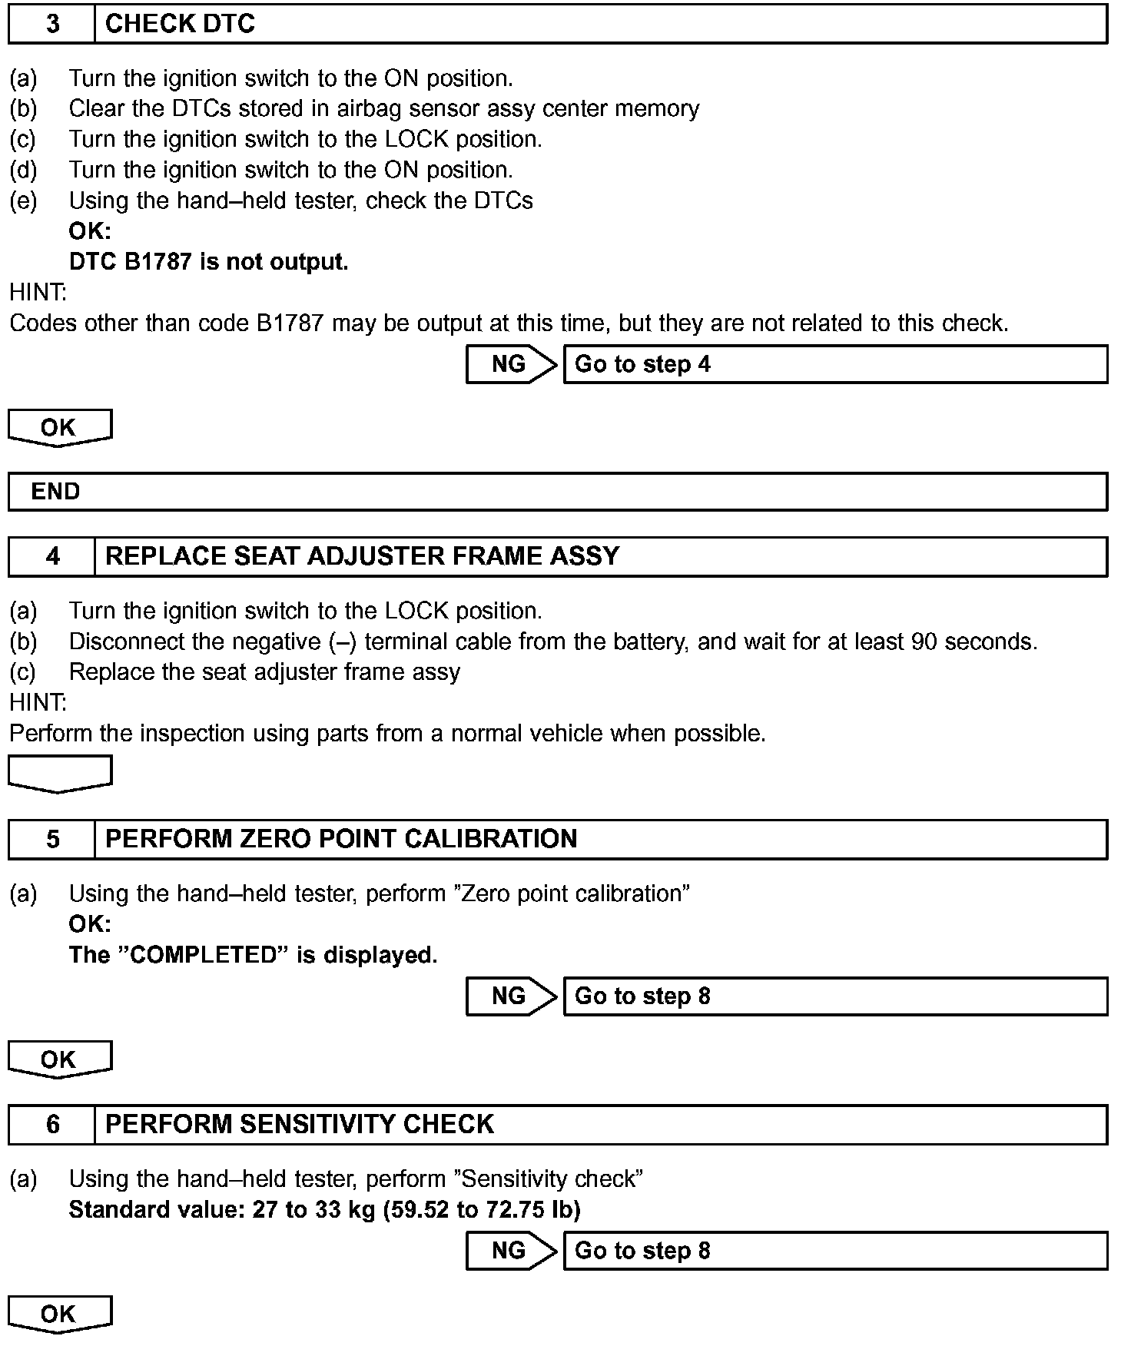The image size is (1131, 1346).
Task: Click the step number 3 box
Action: pyautogui.click(x=51, y=24)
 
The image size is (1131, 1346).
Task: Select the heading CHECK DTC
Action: pyautogui.click(x=180, y=24)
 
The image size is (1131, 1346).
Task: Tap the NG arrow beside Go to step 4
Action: pyautogui.click(x=510, y=364)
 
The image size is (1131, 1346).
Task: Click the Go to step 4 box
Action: pyautogui.click(x=835, y=364)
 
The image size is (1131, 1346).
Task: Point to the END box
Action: pyautogui.click(x=557, y=492)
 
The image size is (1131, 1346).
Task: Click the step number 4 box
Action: pyautogui.click(x=51, y=556)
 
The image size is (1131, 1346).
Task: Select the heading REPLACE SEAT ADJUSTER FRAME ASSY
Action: pyautogui.click(x=362, y=556)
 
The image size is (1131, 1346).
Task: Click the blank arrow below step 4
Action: pyautogui.click(x=60, y=773)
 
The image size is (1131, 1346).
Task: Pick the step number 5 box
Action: pyautogui.click(x=51, y=839)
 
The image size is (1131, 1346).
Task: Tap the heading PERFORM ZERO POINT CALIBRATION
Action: pyautogui.click(x=341, y=839)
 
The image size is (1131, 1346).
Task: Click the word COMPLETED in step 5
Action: pyautogui.click(x=203, y=955)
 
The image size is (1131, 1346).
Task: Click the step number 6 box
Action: pyautogui.click(x=51, y=1125)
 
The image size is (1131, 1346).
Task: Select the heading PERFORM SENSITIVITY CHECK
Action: pyautogui.click(x=299, y=1125)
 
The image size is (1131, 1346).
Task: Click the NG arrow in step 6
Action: pyautogui.click(x=510, y=1251)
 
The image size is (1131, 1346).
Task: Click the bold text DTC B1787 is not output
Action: pyautogui.click(x=208, y=262)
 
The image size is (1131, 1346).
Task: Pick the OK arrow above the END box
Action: pyautogui.click(x=60, y=427)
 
